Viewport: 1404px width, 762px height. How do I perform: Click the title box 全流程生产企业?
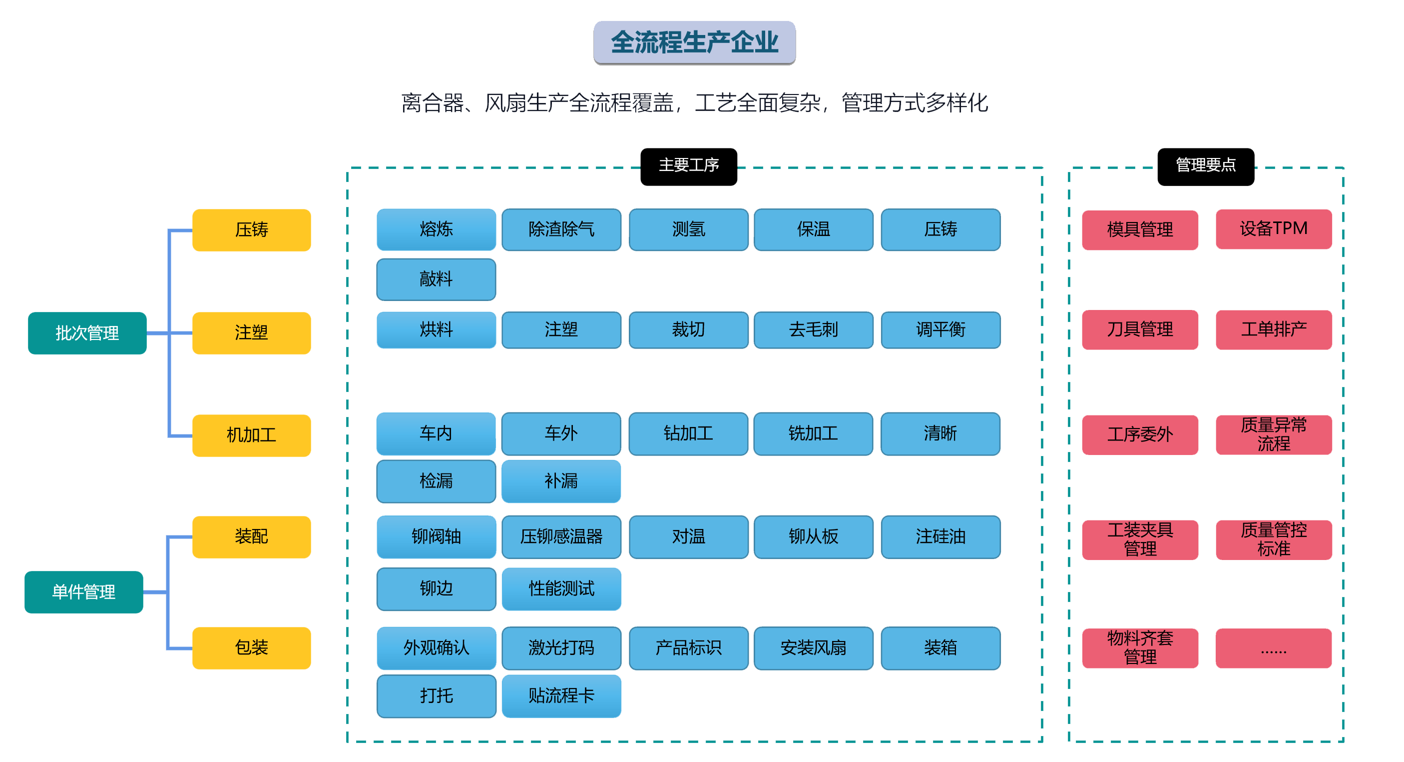[694, 42]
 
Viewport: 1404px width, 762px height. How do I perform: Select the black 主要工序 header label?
[688, 166]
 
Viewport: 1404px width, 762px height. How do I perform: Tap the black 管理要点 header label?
[1205, 166]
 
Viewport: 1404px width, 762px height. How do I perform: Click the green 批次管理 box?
[87, 332]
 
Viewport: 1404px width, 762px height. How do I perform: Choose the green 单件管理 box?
[84, 592]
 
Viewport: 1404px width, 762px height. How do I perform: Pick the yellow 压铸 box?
[251, 229]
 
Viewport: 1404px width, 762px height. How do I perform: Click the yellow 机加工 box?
[251, 435]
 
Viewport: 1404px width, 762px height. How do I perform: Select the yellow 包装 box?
[251, 647]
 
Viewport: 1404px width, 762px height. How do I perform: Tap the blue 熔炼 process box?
[436, 229]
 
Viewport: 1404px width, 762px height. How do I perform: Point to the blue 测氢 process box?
[688, 229]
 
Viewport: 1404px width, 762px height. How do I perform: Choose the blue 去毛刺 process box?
[813, 329]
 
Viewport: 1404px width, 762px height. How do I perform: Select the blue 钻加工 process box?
[688, 433]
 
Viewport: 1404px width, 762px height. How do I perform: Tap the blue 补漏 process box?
[561, 481]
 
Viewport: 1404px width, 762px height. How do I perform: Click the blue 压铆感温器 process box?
[561, 536]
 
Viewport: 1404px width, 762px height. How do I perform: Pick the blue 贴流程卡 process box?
[561, 695]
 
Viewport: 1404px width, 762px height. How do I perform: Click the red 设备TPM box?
[1273, 229]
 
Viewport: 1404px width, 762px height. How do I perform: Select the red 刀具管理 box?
[1140, 329]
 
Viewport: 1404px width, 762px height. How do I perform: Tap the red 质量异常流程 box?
[1273, 434]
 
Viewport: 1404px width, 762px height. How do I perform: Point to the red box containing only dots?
[1273, 648]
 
